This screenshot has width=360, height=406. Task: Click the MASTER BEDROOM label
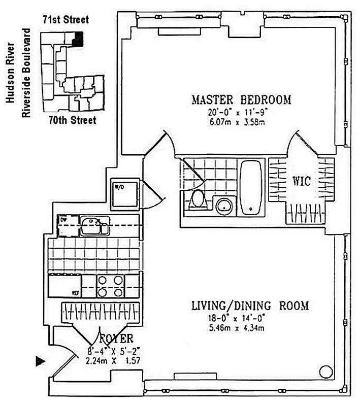click(241, 99)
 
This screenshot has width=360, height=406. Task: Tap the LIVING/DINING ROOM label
click(250, 306)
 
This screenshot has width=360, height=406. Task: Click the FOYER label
click(116, 339)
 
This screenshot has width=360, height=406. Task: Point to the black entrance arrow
click(41, 361)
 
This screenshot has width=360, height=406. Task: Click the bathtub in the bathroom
click(251, 188)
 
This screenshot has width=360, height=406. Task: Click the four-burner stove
click(110, 286)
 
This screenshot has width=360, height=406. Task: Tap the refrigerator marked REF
click(64, 286)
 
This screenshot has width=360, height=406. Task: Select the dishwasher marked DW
click(67, 225)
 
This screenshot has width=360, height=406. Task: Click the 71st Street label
click(66, 20)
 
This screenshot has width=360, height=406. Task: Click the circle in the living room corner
click(326, 372)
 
